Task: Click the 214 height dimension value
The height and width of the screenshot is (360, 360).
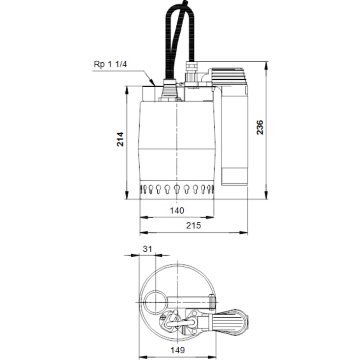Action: [120, 139]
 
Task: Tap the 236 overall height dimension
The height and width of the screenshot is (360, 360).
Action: [260, 127]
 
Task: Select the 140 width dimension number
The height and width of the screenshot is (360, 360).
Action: [177, 211]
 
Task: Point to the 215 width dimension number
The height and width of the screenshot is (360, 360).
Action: [193, 225]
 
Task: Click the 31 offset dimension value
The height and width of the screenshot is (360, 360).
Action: [147, 249]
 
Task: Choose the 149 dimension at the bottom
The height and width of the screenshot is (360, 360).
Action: [177, 350]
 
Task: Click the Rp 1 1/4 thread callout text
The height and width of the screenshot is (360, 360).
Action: [110, 64]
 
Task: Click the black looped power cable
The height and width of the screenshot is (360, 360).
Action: [180, 39]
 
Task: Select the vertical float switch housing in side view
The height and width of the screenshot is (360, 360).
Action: [234, 136]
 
